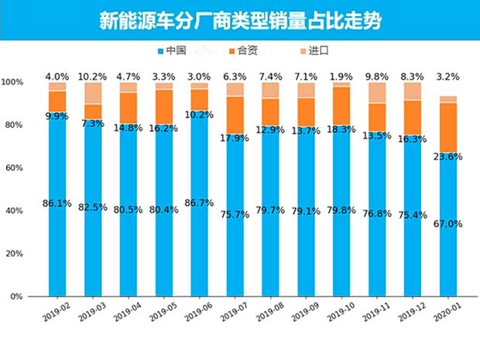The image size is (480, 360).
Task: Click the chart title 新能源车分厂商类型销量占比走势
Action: coord(241,20)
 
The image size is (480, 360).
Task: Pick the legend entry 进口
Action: coord(313,51)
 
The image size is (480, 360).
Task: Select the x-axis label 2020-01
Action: coord(447,312)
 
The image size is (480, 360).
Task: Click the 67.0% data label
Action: coord(448,224)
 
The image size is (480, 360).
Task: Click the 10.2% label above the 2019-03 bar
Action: coord(93,77)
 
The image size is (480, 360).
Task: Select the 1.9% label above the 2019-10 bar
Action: coord(341,77)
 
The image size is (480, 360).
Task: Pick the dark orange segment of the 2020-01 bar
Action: coord(448,128)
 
